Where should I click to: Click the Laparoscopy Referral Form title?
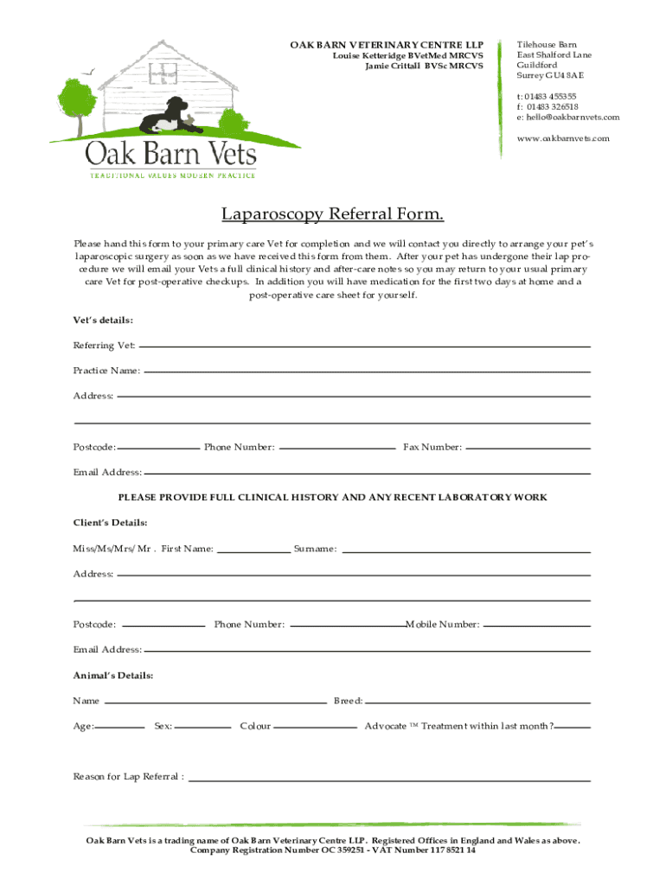tap(333, 213)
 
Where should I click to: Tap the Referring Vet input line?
tap(364, 346)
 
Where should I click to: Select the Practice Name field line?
tap(367, 371)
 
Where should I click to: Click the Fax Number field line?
tap(528, 448)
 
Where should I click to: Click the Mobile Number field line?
tap(536, 624)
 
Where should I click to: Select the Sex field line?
tap(203, 727)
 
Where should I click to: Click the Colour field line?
tap(316, 727)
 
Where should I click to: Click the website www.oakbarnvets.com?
tap(563, 138)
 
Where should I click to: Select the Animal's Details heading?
tap(113, 676)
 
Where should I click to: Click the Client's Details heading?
tap(110, 523)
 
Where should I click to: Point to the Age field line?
tap(120, 727)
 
